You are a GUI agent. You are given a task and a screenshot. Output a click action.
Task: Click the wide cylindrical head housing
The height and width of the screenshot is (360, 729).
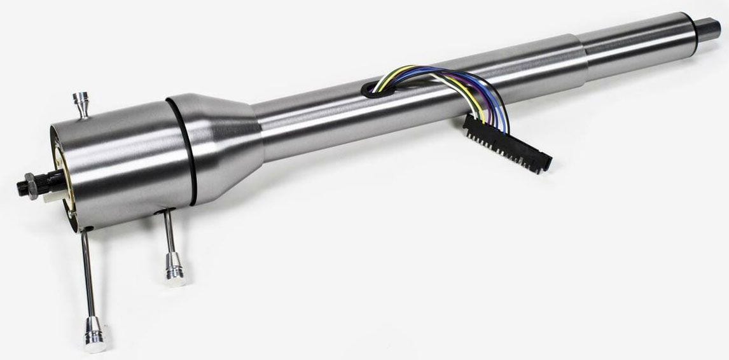coord(127,165)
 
